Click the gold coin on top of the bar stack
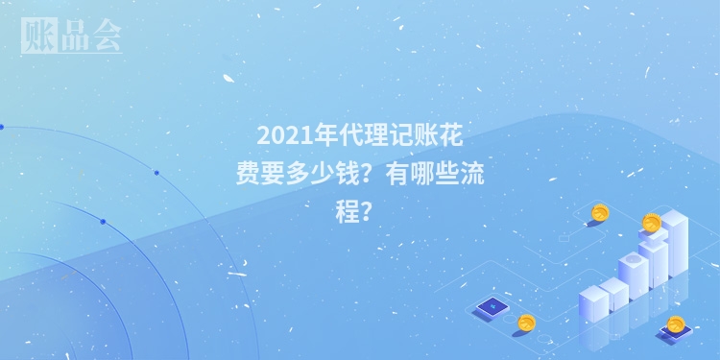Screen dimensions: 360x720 click(652, 224)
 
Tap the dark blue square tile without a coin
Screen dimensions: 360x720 click(491, 307)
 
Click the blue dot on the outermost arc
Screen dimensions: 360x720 click(156, 173)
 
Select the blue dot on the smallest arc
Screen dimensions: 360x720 click(103, 222)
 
